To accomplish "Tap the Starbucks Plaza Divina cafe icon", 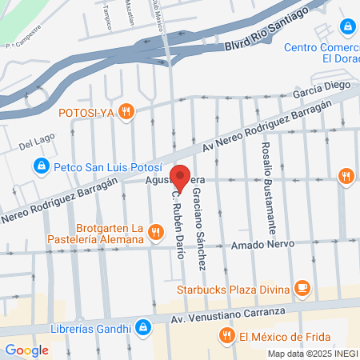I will tap(302, 286).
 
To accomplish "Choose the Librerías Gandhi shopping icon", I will tap(142, 326).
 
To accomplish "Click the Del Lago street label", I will tap(35, 143).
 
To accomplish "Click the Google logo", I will tap(26, 350).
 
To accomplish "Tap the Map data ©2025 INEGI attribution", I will tap(313, 354).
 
